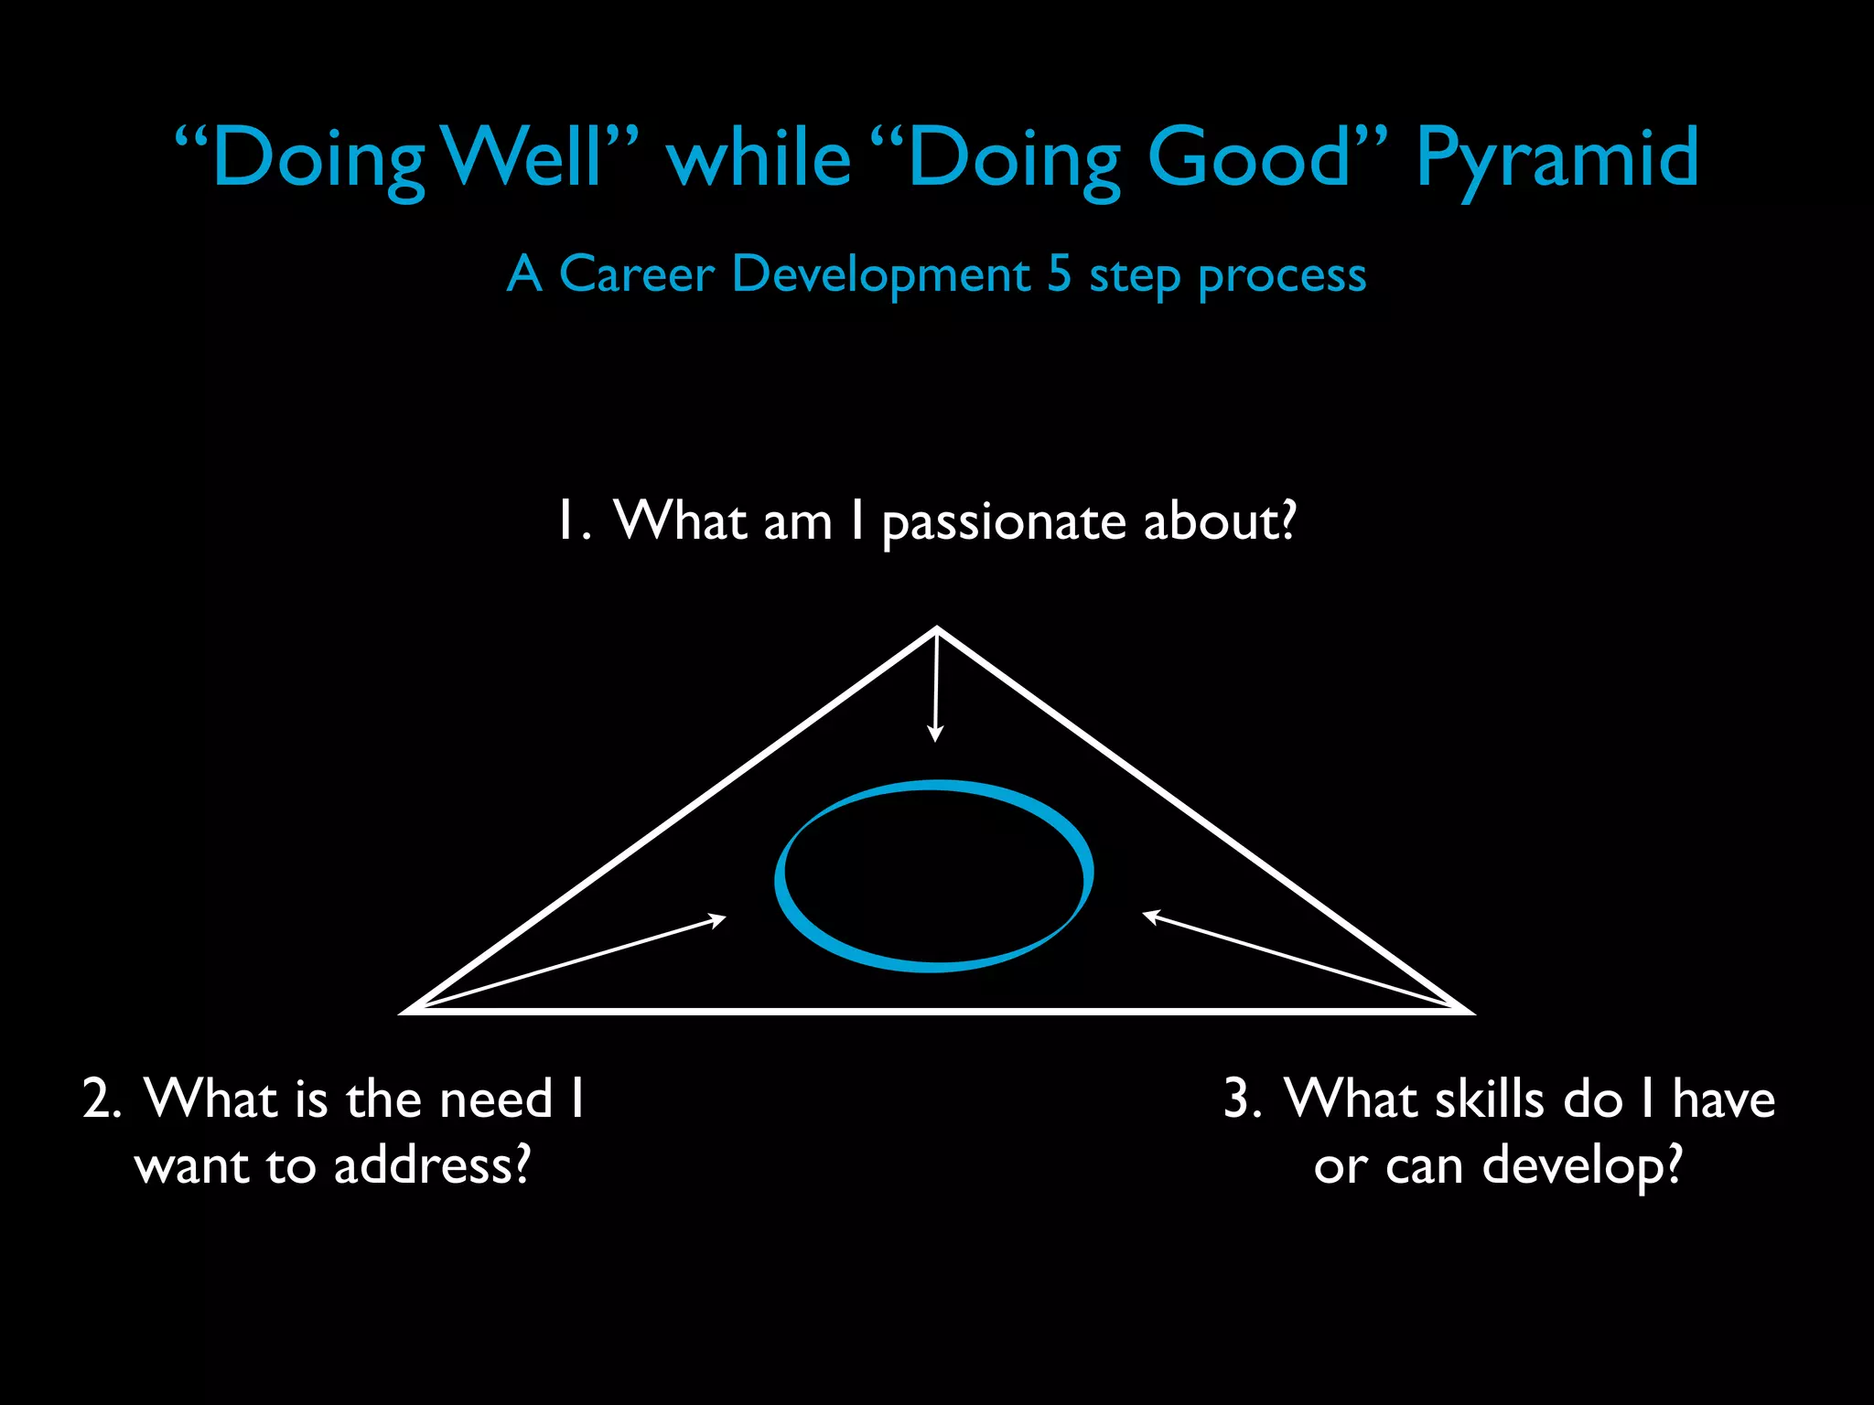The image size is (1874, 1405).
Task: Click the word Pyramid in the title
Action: (x=1557, y=160)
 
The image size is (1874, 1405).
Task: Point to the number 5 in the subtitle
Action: (x=1059, y=273)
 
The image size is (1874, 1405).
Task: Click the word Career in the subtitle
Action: (x=636, y=273)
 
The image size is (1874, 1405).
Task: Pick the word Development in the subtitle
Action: (x=881, y=275)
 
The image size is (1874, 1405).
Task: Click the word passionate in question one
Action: (x=1004, y=523)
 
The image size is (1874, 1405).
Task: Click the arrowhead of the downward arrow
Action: (x=934, y=735)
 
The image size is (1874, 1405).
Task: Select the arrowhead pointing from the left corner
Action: (x=719, y=918)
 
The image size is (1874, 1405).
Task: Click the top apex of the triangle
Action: (x=937, y=629)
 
